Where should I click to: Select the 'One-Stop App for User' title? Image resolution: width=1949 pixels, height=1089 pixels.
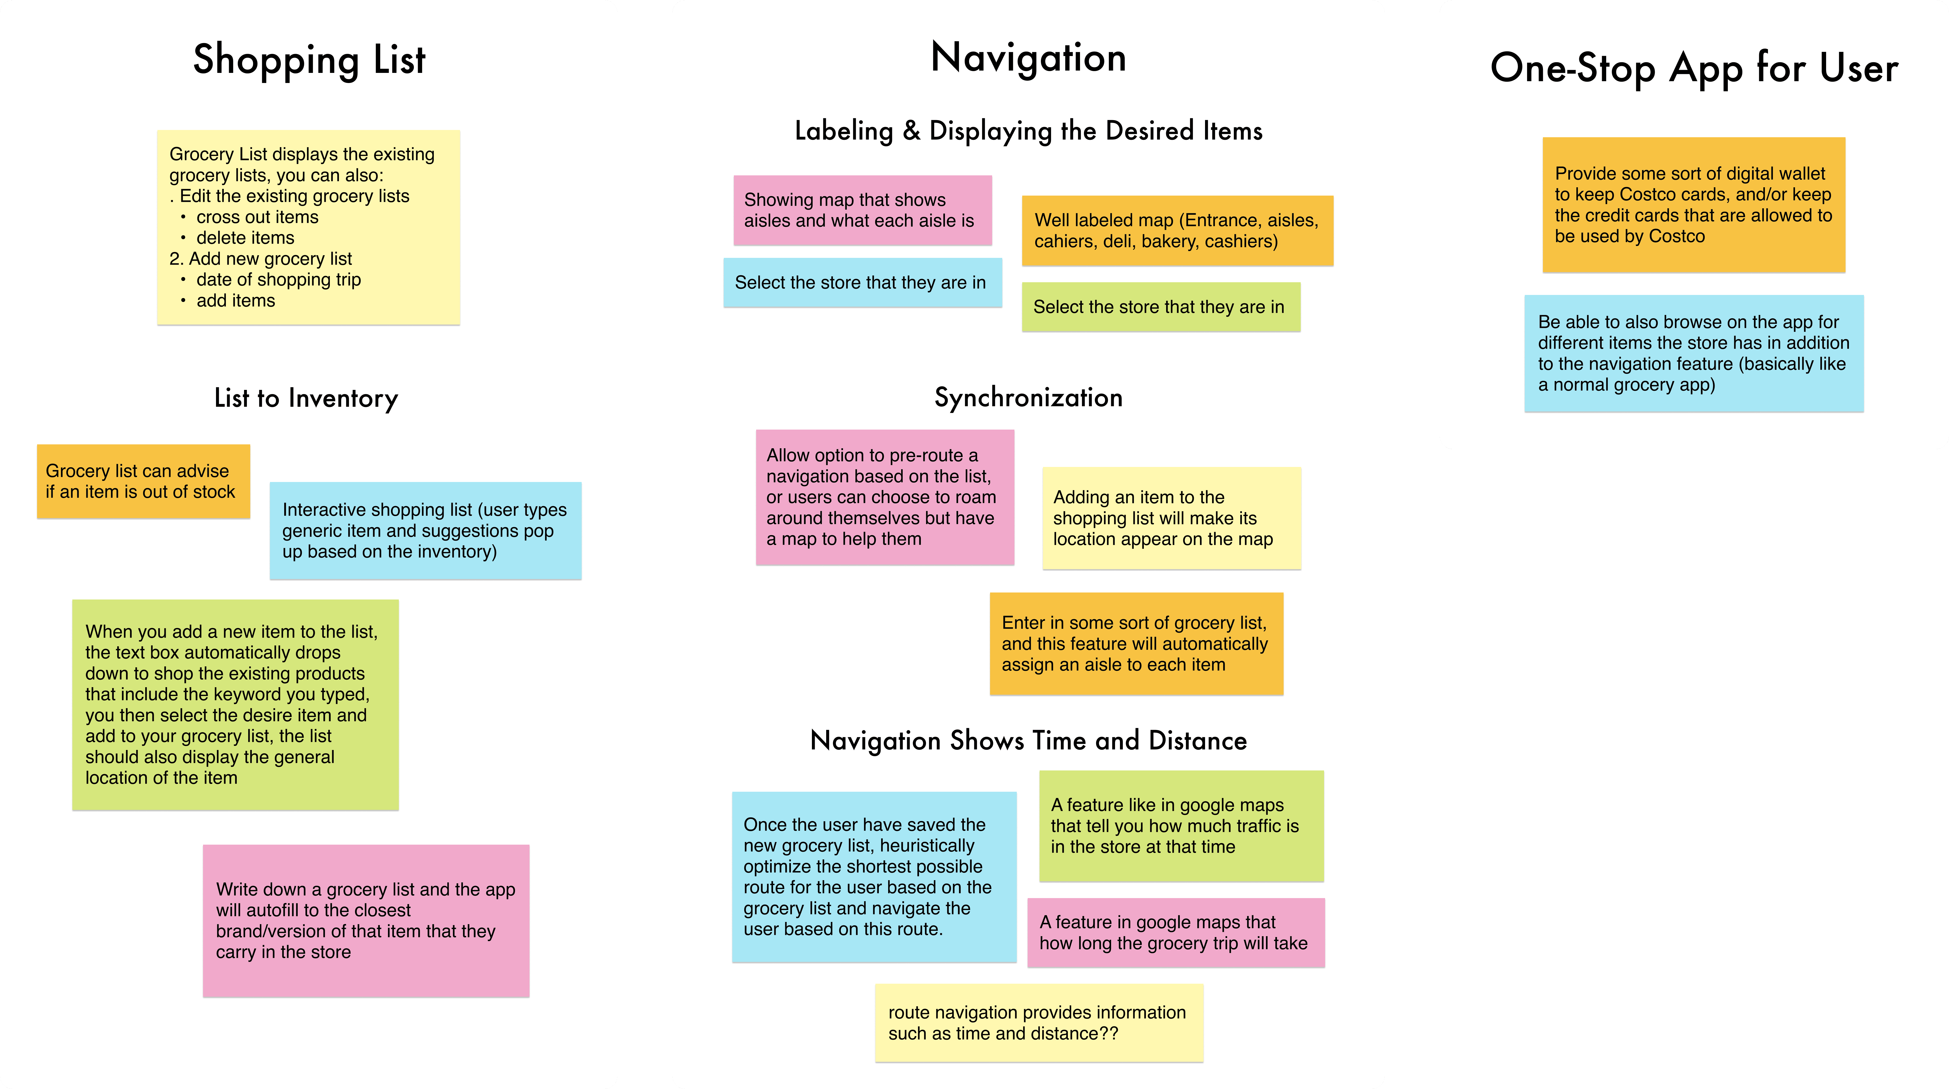tap(1693, 68)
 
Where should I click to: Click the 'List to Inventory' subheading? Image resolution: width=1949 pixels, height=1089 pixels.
tap(306, 398)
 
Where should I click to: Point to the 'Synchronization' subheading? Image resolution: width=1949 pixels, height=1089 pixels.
tap(1028, 397)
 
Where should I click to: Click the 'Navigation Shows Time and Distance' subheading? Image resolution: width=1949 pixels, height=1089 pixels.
tap(1028, 740)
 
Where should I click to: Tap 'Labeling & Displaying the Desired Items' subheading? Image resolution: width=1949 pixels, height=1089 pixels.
tap(1028, 131)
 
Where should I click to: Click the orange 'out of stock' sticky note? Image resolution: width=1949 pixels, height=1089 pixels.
tap(143, 481)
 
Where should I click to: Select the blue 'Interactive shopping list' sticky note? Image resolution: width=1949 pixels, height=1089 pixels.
tap(425, 530)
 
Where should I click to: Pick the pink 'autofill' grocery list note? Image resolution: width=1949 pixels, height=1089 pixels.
tap(365, 920)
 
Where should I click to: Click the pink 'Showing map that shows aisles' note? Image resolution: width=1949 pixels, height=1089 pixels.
tap(862, 210)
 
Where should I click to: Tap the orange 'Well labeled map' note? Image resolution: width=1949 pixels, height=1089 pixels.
tap(1177, 231)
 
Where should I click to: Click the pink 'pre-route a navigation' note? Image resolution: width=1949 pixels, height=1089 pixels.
tap(885, 497)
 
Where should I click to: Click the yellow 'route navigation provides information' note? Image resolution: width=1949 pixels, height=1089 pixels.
tap(1038, 1022)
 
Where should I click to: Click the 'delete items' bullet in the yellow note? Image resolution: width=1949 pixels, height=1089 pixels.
tap(245, 238)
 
